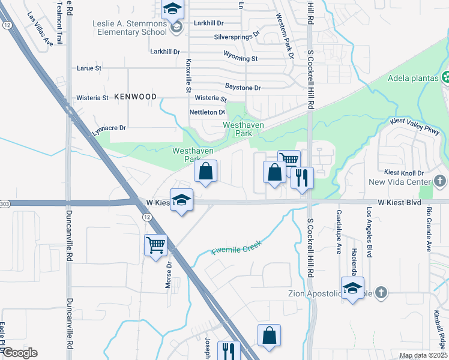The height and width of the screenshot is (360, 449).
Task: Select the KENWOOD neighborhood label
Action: pyautogui.click(x=135, y=96)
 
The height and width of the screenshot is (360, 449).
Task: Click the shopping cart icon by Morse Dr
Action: pyautogui.click(x=155, y=245)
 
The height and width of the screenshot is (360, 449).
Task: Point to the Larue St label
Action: pyautogui.click(x=89, y=68)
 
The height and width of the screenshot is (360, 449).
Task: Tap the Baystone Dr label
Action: pyautogui.click(x=243, y=88)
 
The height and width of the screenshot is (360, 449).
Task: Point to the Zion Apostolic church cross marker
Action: pyautogui.click(x=381, y=293)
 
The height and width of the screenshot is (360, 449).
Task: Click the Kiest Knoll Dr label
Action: pyautogui.click(x=405, y=173)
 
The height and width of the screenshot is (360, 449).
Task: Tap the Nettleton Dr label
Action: pyautogui.click(x=207, y=112)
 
